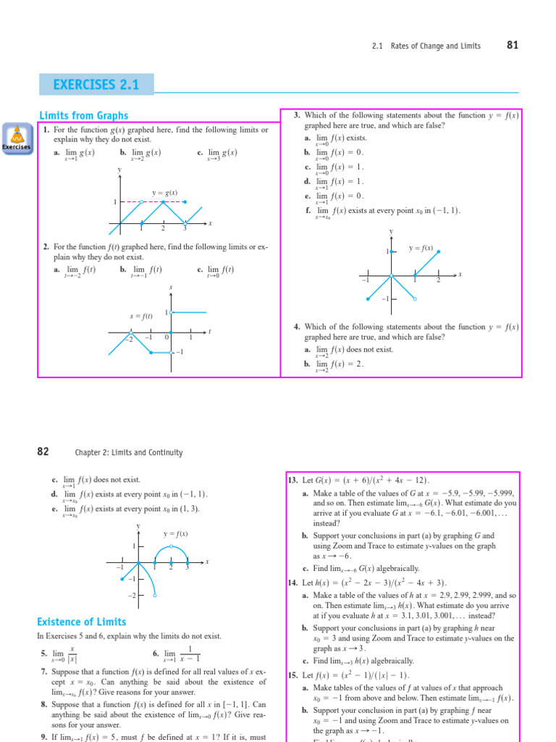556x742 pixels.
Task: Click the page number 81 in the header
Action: click(513, 45)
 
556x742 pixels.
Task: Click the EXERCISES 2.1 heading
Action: click(96, 85)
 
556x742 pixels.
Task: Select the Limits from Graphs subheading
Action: click(83, 115)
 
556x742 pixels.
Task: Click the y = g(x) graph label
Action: click(164, 193)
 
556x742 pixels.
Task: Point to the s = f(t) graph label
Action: click(141, 316)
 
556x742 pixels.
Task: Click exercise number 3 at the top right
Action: click(297, 115)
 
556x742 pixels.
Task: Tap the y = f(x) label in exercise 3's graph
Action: click(421, 248)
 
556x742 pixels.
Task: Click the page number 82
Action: click(43, 451)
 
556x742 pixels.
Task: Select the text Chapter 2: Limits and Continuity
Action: click(129, 452)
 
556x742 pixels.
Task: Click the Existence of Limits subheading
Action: click(81, 622)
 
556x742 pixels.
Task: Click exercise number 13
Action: click(293, 480)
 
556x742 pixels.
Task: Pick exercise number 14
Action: click(293, 583)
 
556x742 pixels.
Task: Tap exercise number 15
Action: click(293, 675)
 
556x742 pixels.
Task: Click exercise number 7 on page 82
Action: click(44, 672)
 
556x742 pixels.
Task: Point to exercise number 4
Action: click(297, 327)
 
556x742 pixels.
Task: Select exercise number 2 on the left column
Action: click(46, 247)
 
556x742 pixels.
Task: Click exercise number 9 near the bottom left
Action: click(44, 737)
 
